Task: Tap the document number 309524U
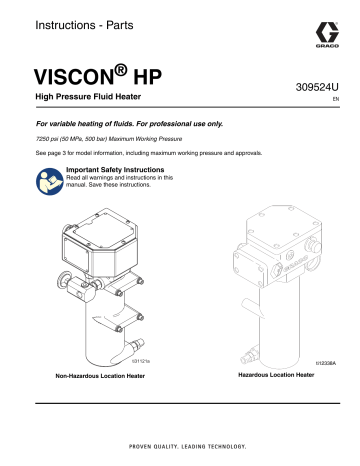coord(318,88)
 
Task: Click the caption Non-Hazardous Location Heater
coord(91,377)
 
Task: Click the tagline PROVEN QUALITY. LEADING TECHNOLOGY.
coord(180,447)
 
